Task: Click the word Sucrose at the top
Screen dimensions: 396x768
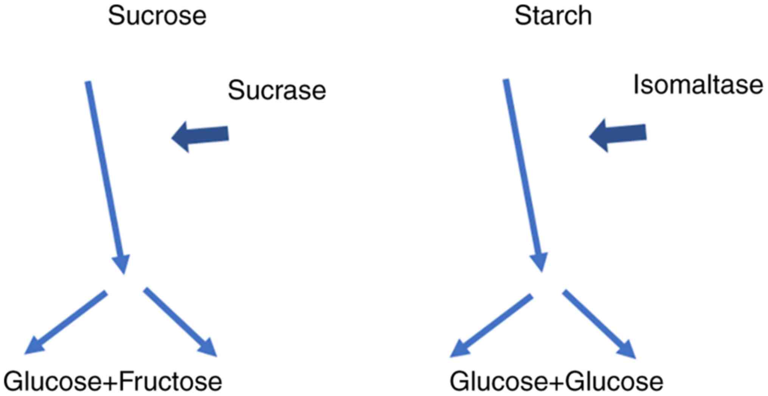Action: tap(157, 16)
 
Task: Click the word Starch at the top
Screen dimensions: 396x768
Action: tap(553, 16)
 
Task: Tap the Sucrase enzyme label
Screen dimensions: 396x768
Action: tap(277, 91)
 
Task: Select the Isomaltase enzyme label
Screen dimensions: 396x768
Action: tap(698, 85)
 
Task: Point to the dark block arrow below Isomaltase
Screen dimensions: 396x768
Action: tap(618, 135)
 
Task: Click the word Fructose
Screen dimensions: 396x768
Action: tap(170, 382)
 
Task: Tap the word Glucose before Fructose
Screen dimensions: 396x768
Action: tap(53, 382)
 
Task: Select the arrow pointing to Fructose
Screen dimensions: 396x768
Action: tap(180, 322)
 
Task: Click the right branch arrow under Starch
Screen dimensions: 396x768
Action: tap(599, 324)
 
